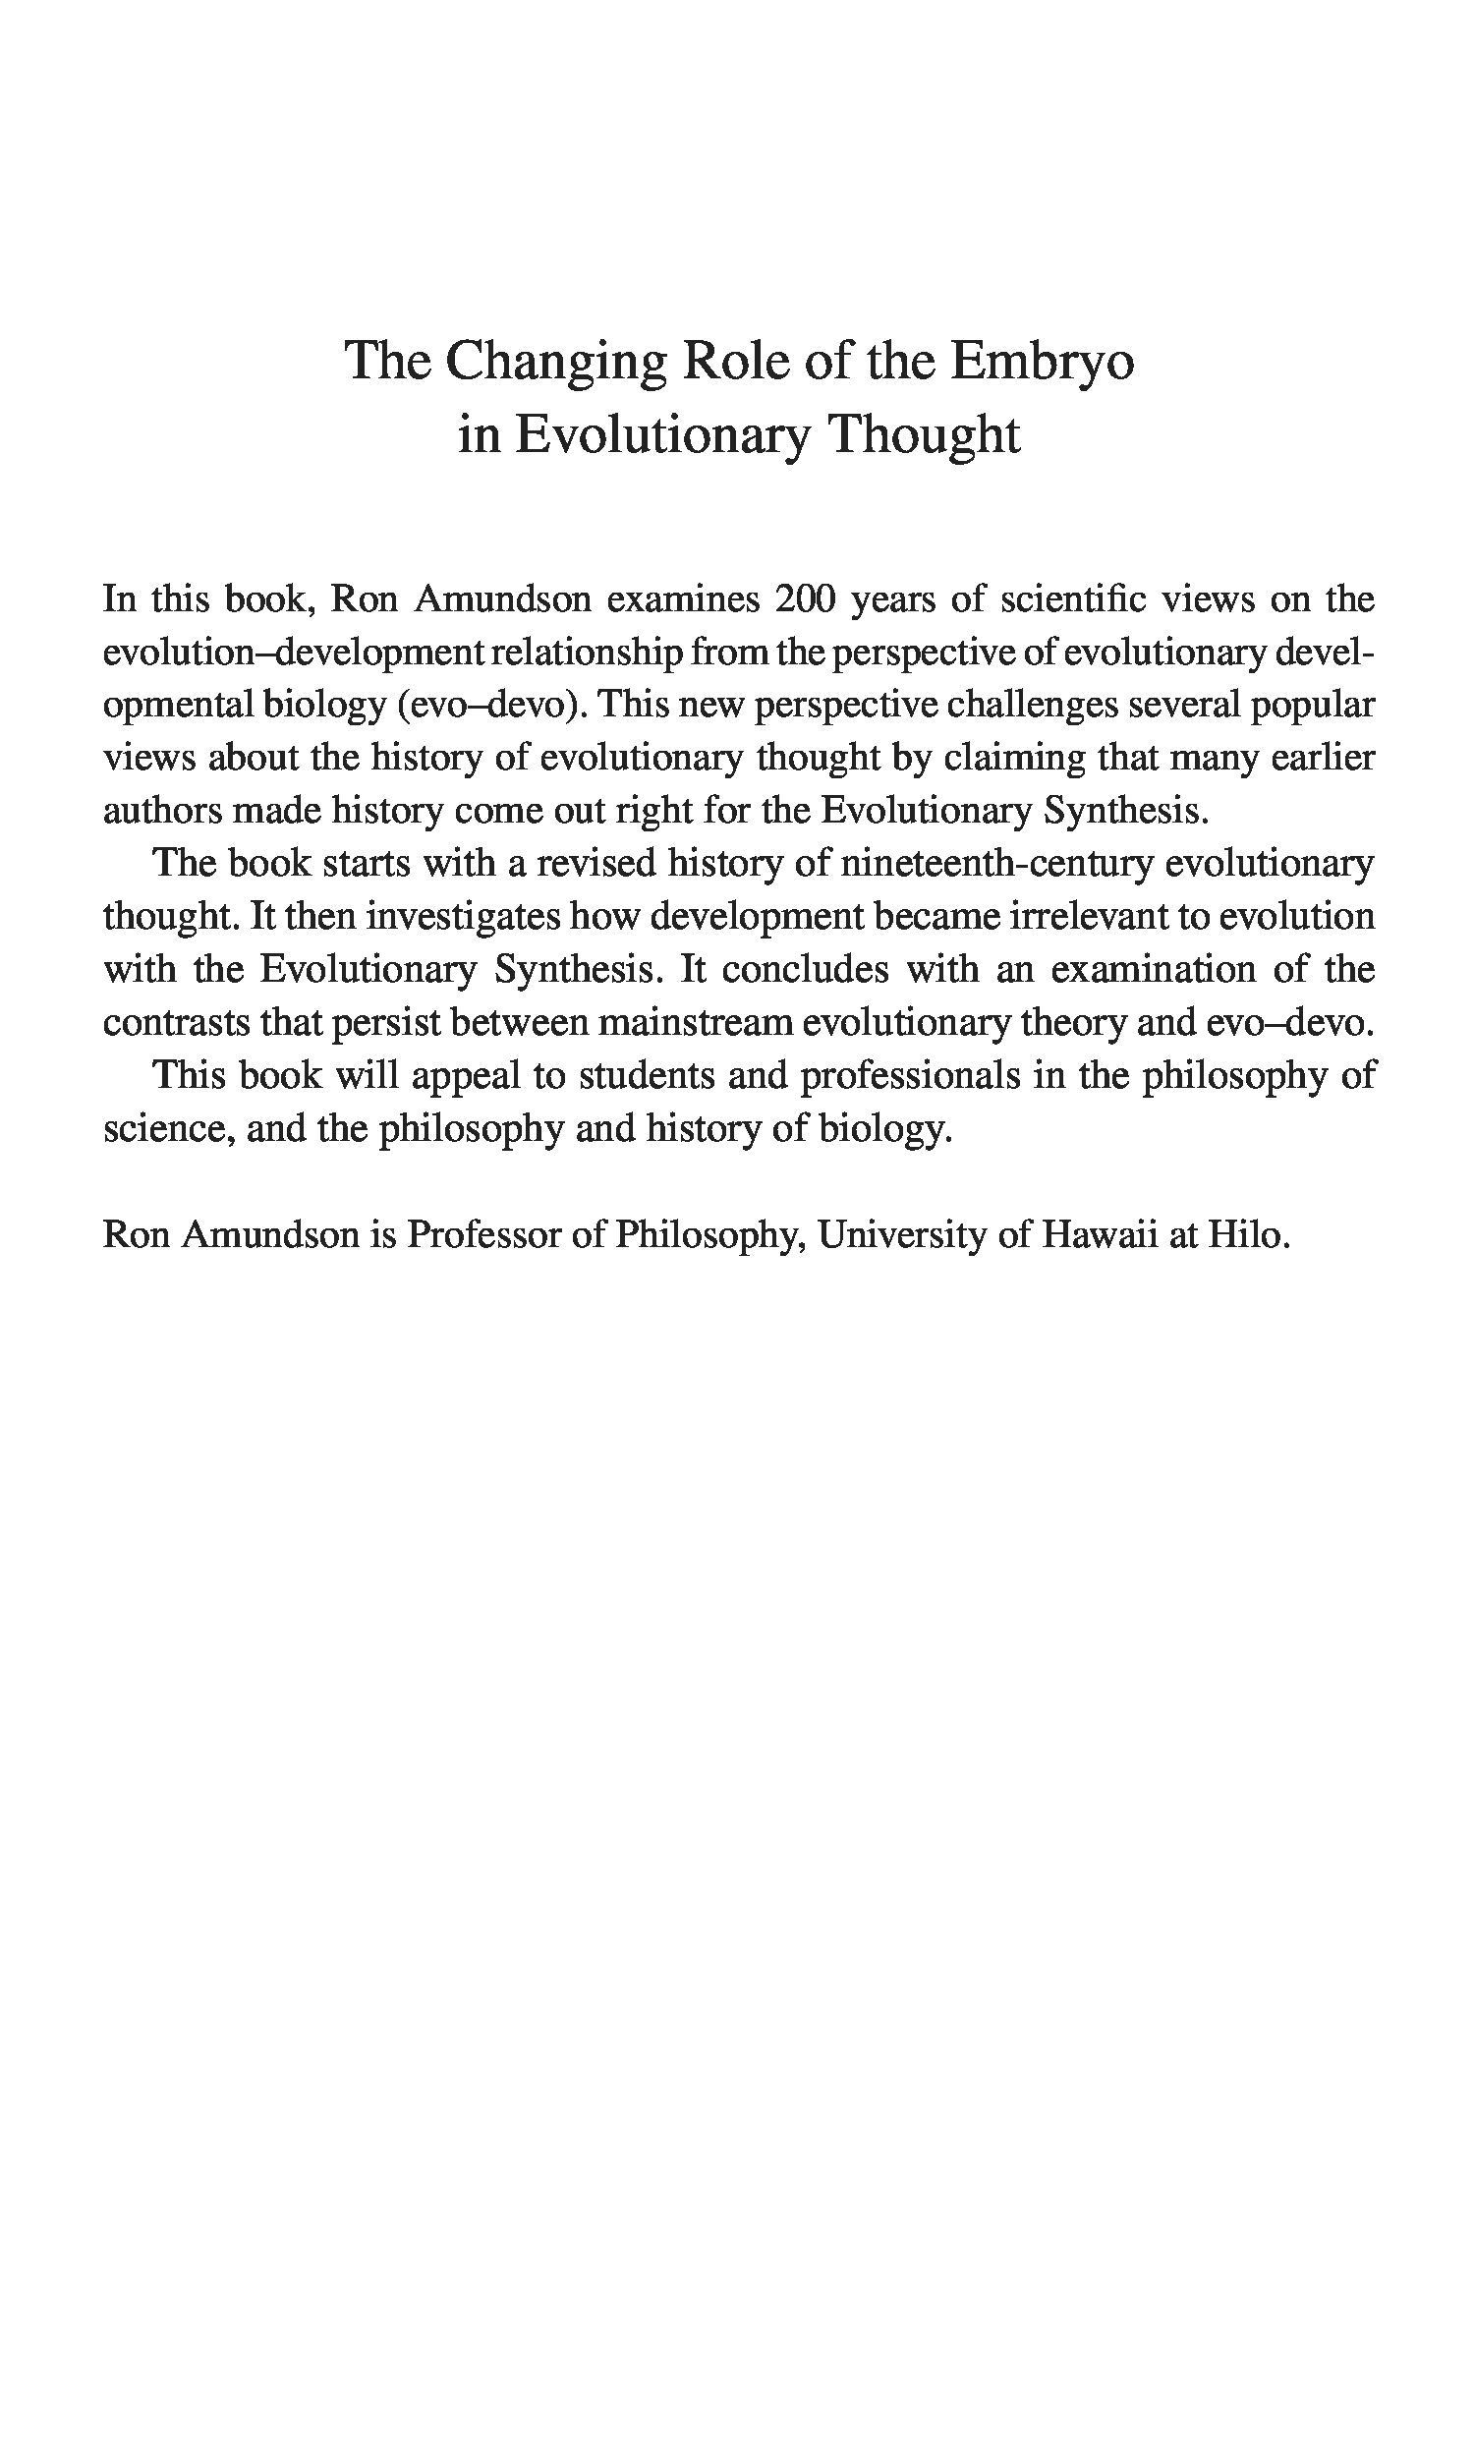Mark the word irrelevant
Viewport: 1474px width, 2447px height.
coord(1088,916)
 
